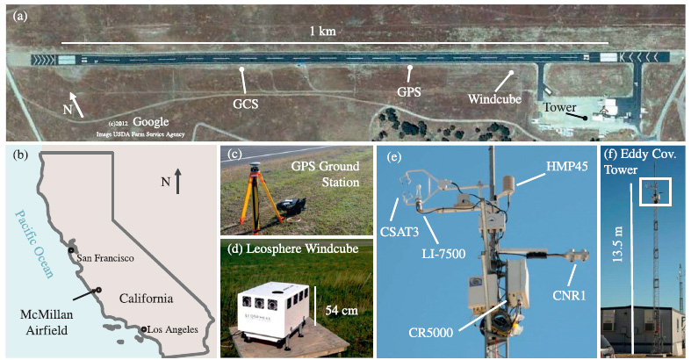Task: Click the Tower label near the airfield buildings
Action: [558, 107]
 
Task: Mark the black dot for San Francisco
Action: [70, 251]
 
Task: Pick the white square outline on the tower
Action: [655, 191]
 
